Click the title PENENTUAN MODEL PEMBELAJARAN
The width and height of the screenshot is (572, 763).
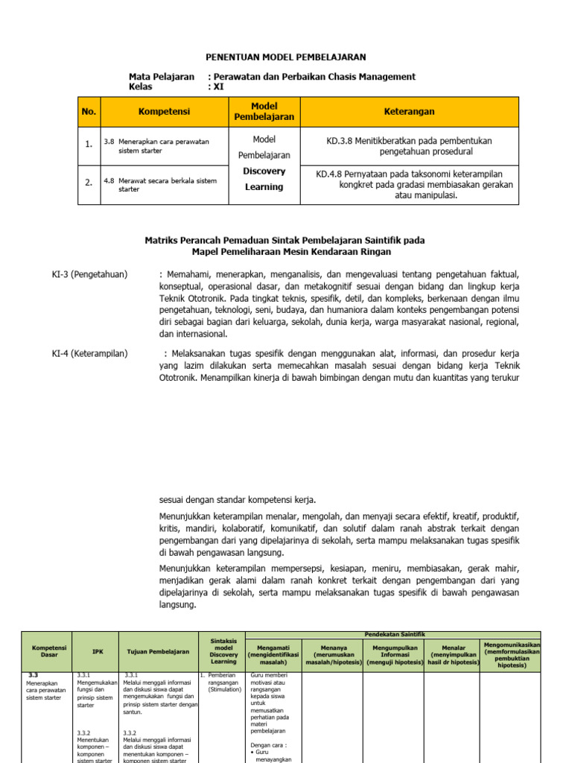tap(286, 57)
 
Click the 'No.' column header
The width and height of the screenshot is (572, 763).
tap(89, 112)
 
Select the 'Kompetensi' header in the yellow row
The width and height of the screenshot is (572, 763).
tap(164, 112)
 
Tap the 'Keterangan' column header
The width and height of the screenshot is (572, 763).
tap(410, 112)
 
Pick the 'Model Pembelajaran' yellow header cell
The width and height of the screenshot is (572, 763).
tap(264, 112)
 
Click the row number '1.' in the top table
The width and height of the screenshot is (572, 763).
tap(89, 145)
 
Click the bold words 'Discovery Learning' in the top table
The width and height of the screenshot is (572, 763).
tap(264, 179)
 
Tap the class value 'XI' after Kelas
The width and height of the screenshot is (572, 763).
tap(218, 86)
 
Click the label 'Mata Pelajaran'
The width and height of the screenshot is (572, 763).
tap(162, 77)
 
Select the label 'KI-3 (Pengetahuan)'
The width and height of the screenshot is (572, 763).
tap(84, 275)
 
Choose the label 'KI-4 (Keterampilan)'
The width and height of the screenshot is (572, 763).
tap(85, 353)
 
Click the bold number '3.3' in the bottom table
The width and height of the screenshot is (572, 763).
tap(33, 674)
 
